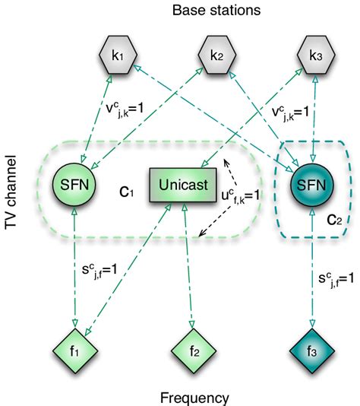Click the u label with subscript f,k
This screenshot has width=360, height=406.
pyautogui.click(x=242, y=195)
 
